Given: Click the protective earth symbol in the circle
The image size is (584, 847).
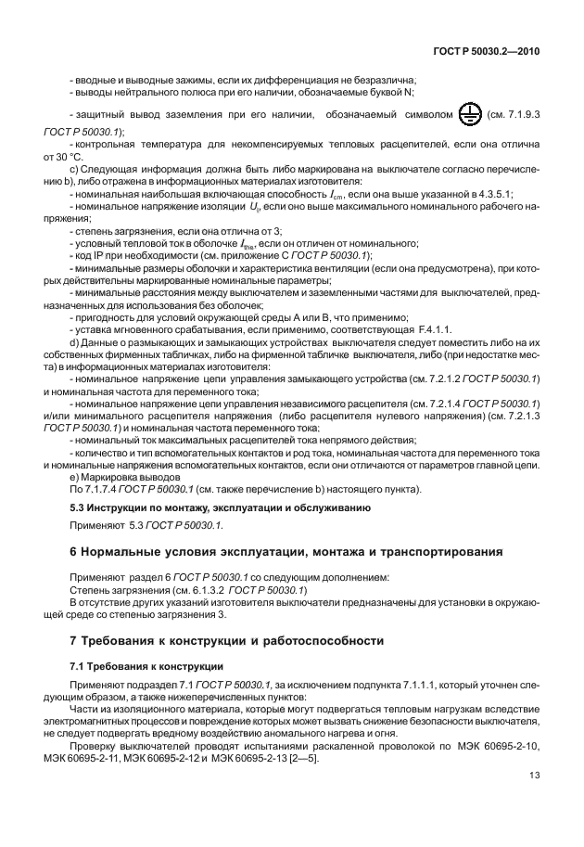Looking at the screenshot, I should click(x=470, y=115).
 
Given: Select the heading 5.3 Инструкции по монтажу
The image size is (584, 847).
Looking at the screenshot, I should click(x=222, y=508).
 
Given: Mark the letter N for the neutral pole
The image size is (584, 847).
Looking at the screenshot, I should click(x=409, y=92).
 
